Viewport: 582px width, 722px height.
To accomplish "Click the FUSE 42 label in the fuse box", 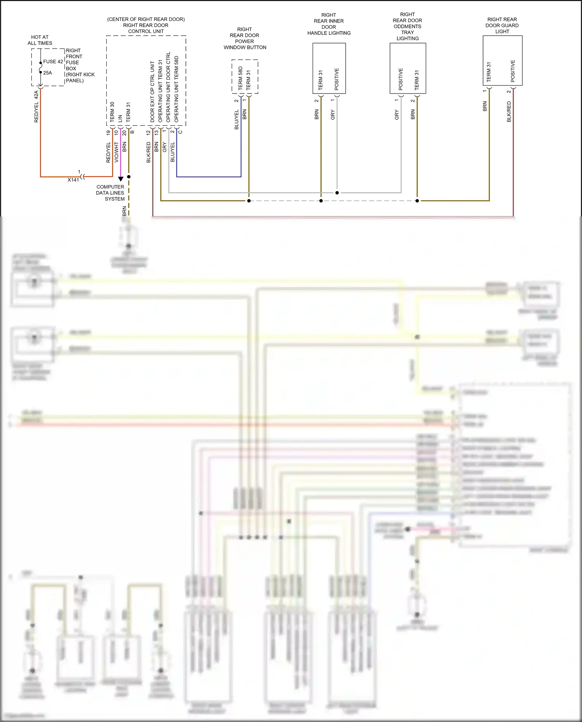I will click(x=53, y=62).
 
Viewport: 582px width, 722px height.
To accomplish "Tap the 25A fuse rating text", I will click(x=47, y=73).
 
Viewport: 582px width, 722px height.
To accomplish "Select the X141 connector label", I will click(x=73, y=180).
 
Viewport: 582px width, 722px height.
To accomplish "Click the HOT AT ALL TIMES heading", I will click(x=40, y=40).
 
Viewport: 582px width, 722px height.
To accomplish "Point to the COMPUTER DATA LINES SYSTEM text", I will click(x=110, y=193).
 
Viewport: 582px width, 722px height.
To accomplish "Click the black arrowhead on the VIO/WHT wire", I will click(x=121, y=179).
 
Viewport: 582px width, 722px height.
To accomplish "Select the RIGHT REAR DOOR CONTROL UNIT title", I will click(x=146, y=25).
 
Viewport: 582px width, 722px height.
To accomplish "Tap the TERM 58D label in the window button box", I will click(x=241, y=78).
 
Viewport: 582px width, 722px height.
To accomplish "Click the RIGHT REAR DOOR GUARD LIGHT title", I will click(x=502, y=25).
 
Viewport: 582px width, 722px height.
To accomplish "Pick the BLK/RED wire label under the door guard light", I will click(x=509, y=112).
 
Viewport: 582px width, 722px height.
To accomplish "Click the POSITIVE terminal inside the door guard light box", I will click(x=513, y=71).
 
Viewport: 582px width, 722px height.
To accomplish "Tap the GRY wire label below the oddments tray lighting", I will click(x=397, y=114).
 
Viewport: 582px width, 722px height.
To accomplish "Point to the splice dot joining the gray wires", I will click(x=337, y=192).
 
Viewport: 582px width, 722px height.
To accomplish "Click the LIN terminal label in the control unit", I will click(x=120, y=118).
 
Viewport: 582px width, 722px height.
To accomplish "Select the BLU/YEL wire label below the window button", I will click(x=237, y=119).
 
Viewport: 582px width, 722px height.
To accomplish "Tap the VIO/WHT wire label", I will click(x=116, y=152).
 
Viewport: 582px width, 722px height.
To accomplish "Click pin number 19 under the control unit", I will click(x=108, y=133).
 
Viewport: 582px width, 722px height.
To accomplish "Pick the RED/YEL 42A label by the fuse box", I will click(x=36, y=106).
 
